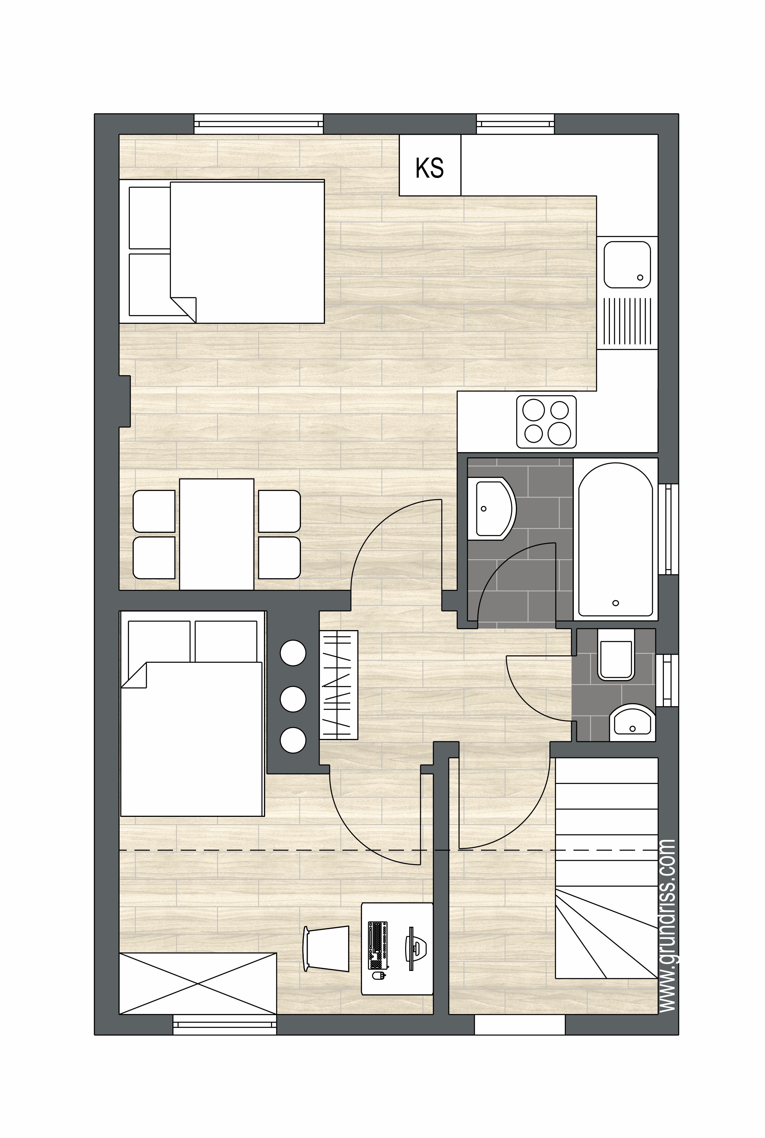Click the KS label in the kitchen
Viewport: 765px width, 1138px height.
(x=429, y=167)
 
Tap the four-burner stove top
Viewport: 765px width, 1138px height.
(x=546, y=422)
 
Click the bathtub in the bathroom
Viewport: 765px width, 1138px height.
(x=616, y=539)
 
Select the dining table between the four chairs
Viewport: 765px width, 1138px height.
(x=217, y=534)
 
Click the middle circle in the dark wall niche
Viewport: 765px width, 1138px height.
(x=293, y=699)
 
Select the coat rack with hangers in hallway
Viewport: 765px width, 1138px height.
(x=339, y=685)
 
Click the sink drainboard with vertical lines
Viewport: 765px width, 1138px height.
(x=627, y=322)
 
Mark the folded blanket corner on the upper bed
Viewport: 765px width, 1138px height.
(x=183, y=309)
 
